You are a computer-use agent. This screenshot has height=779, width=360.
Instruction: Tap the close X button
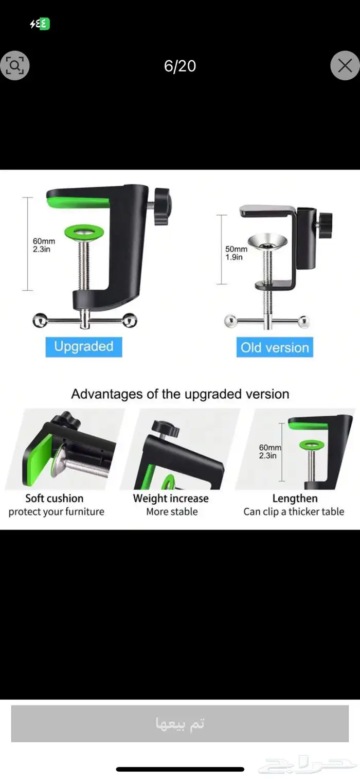pyautogui.click(x=345, y=65)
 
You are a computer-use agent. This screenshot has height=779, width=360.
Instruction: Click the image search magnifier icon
pyautogui.click(x=14, y=65)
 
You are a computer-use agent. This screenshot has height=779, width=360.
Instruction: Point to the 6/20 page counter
pyautogui.click(x=180, y=66)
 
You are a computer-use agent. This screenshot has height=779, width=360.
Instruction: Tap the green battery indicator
pyautogui.click(x=44, y=24)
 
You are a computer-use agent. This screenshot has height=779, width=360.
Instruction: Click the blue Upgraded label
pyautogui.click(x=84, y=347)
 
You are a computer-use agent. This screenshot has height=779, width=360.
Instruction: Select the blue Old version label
pyautogui.click(x=275, y=347)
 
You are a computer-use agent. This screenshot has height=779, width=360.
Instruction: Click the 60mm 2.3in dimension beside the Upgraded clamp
pyautogui.click(x=44, y=245)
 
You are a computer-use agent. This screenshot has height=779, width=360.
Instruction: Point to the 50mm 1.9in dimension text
pyautogui.click(x=236, y=253)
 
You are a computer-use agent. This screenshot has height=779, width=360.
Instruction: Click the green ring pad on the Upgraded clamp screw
pyautogui.click(x=84, y=231)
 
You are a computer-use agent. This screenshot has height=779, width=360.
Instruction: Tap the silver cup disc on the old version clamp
pyautogui.click(x=267, y=241)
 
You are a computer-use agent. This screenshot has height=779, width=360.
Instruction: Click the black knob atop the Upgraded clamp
pyautogui.click(x=161, y=206)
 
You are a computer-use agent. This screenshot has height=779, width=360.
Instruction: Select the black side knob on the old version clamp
pyautogui.click(x=325, y=221)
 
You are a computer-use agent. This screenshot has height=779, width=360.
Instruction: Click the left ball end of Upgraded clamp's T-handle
pyautogui.click(x=40, y=320)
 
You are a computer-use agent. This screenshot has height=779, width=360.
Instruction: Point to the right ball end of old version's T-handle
pyautogui.click(x=304, y=322)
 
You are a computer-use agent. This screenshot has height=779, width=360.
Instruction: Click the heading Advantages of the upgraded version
pyautogui.click(x=180, y=394)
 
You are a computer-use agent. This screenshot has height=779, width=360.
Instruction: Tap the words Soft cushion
pyautogui.click(x=54, y=499)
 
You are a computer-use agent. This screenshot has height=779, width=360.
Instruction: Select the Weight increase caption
pyautogui.click(x=171, y=499)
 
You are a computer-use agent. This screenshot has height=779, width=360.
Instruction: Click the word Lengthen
pyautogui.click(x=295, y=499)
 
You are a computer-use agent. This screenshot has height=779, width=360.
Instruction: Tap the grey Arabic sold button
pyautogui.click(x=180, y=723)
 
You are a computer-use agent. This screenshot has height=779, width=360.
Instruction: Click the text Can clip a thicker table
pyautogui.click(x=294, y=511)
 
